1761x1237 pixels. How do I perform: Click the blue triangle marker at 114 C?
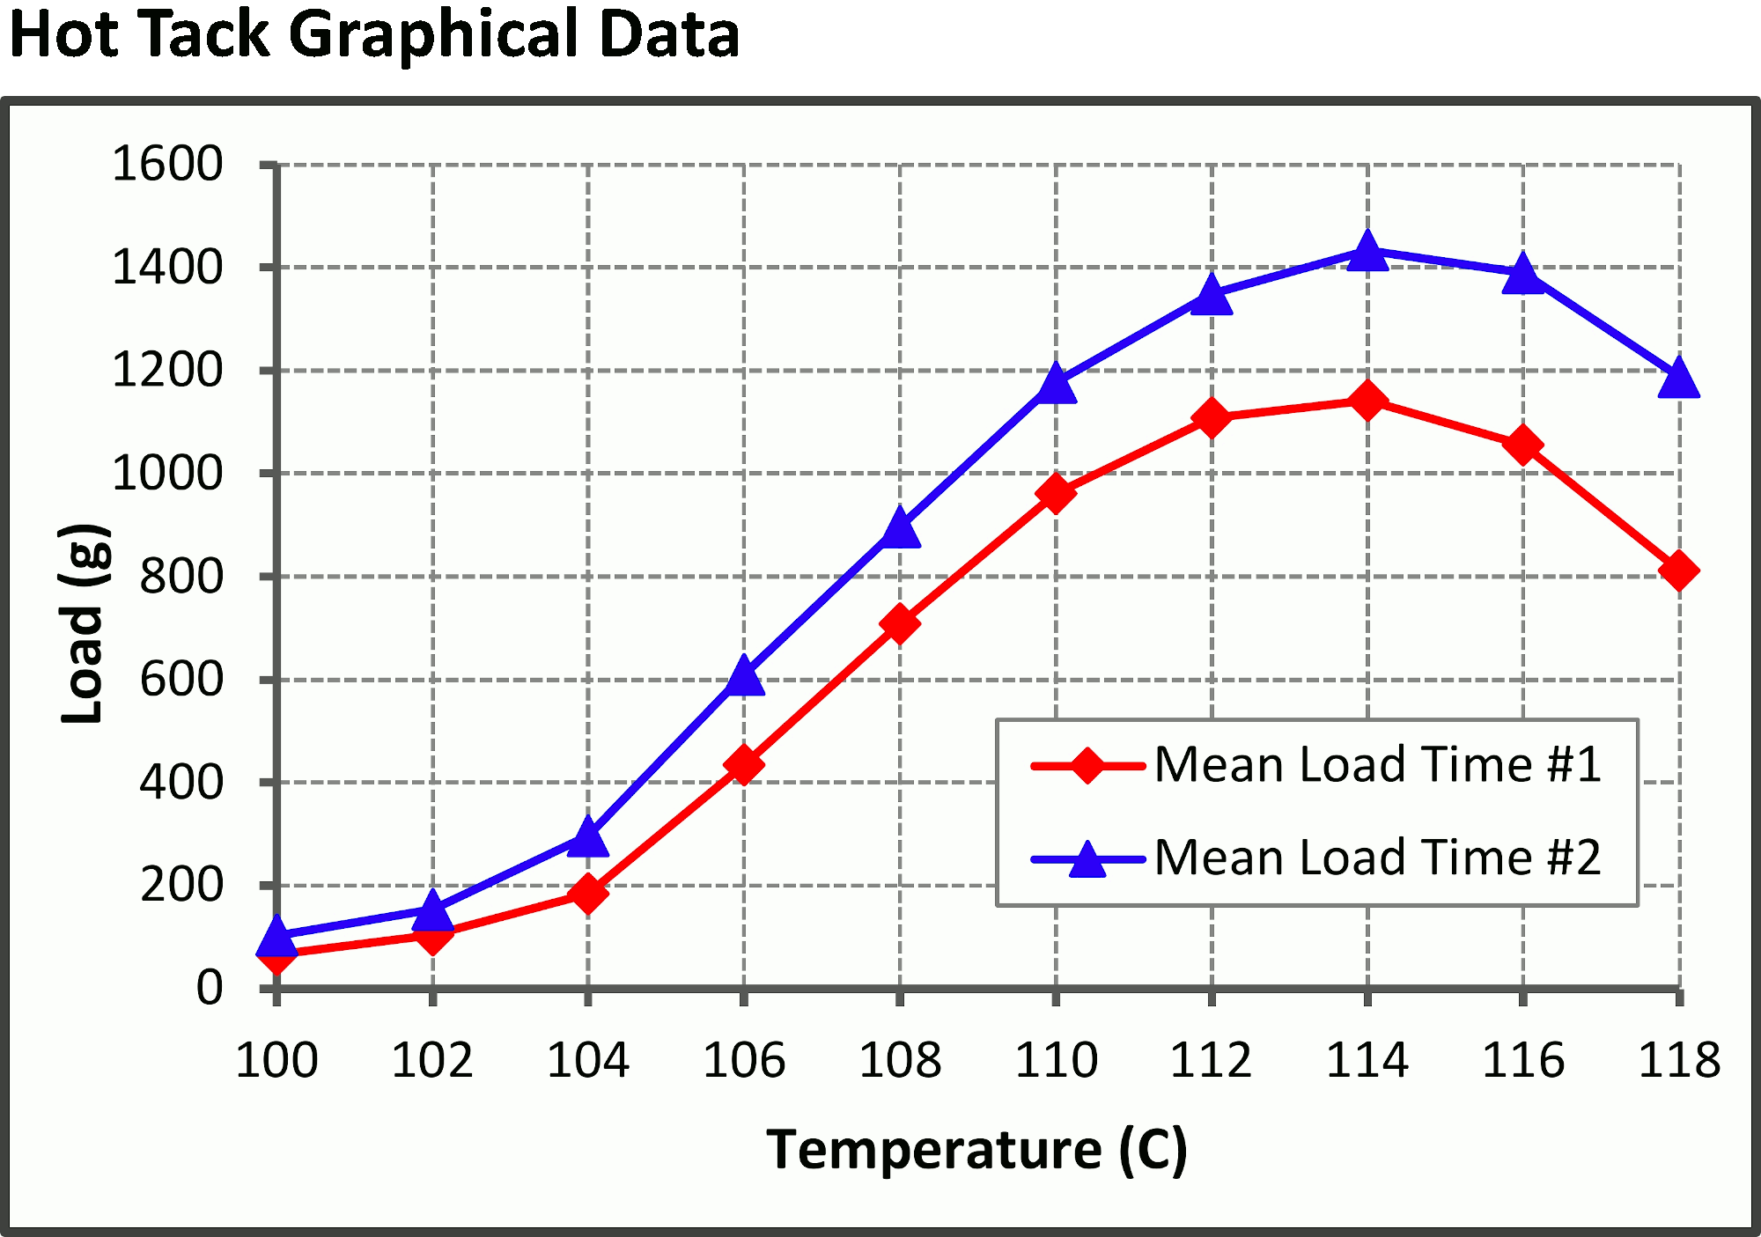click(1367, 253)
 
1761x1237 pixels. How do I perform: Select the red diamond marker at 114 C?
click(1367, 401)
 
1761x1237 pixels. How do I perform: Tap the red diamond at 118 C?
click(1678, 571)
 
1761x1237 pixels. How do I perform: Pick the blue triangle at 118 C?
click(1678, 379)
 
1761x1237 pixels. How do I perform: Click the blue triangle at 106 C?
click(744, 677)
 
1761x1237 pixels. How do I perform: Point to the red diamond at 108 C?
click(900, 624)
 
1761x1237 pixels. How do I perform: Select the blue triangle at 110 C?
click(1056, 385)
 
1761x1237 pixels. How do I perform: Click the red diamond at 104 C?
click(588, 895)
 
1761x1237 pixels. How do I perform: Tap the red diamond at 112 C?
click(1212, 417)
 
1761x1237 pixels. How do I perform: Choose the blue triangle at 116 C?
click(1523, 276)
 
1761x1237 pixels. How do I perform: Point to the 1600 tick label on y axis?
click(167, 165)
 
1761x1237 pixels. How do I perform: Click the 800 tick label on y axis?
click(181, 578)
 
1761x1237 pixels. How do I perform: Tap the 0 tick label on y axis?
click(210, 988)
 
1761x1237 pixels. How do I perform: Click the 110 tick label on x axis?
click(1056, 1060)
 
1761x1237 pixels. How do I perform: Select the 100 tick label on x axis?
click(276, 1060)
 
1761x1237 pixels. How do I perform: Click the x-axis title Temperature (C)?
click(976, 1150)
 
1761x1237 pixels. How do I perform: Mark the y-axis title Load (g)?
click(84, 624)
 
